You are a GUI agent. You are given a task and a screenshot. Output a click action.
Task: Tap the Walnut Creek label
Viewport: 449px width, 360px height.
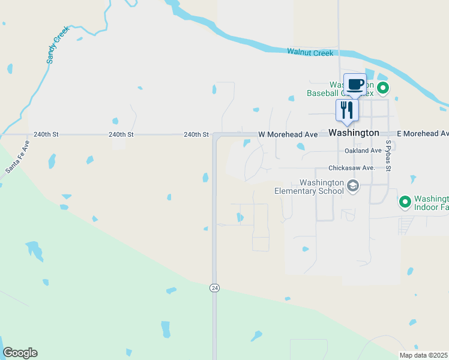(x=310, y=53)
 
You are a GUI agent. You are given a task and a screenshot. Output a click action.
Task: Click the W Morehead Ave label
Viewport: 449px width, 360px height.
(x=288, y=134)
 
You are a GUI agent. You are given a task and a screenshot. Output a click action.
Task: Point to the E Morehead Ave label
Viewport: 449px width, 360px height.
(x=423, y=133)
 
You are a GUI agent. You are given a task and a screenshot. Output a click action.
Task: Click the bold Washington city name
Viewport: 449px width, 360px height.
(x=354, y=133)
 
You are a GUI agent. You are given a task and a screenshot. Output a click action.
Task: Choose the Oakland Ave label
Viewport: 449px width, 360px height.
(x=363, y=151)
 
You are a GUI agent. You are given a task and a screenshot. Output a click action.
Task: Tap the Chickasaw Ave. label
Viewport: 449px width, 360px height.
(x=351, y=168)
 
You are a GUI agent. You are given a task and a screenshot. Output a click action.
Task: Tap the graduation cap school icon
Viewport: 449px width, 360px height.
(x=353, y=187)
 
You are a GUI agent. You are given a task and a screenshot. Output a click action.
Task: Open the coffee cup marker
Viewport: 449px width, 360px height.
(x=355, y=84)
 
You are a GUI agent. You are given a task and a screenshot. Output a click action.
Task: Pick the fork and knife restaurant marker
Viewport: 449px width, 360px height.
(x=347, y=110)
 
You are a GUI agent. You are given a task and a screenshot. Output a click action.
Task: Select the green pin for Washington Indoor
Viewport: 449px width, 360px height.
(x=405, y=202)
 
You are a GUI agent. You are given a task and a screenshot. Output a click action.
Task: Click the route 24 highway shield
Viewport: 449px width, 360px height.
(x=214, y=288)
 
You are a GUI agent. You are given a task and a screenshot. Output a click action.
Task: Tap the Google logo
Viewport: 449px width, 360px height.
(x=20, y=353)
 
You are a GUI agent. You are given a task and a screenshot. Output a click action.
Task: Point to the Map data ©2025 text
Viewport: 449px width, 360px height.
(x=423, y=355)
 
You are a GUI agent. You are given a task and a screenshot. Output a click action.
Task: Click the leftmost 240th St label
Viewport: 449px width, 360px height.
(x=46, y=135)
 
